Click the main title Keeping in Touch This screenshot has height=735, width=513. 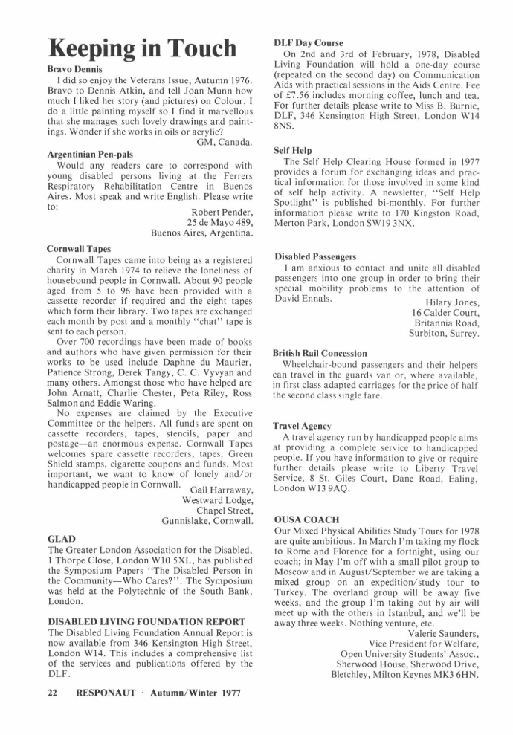point(141,48)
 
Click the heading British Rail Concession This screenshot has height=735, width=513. point(320,353)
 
